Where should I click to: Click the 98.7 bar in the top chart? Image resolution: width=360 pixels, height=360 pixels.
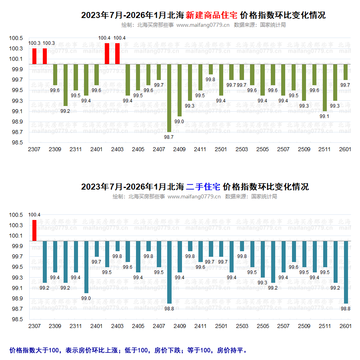tap(169, 98)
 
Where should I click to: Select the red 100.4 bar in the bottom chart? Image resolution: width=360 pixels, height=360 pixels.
tap(34, 230)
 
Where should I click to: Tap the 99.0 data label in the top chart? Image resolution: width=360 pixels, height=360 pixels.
tap(179, 122)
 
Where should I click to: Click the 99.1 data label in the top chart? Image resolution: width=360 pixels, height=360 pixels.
tap(324, 116)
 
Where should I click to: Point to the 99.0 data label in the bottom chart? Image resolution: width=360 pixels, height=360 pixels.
tap(86, 298)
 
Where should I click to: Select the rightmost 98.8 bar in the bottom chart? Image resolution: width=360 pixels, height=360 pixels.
tap(346, 272)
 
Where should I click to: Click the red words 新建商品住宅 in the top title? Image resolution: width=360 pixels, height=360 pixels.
tap(212, 15)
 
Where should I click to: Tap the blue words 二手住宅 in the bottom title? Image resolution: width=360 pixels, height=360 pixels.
tap(203, 187)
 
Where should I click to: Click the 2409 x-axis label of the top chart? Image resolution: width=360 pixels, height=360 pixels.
tap(180, 149)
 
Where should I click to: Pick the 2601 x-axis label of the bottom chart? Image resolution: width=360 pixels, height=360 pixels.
tap(345, 326)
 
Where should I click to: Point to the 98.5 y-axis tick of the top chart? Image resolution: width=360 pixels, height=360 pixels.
tap(16, 142)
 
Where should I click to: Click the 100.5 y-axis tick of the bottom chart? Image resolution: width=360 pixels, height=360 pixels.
tap(16, 215)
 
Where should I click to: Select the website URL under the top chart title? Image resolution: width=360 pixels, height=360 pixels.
tap(203, 25)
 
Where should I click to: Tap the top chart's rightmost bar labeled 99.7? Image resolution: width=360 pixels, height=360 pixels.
tap(346, 72)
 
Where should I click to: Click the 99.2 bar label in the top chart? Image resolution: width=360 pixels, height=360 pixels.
tap(65, 111)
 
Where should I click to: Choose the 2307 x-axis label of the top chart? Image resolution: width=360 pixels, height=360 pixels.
tap(34, 149)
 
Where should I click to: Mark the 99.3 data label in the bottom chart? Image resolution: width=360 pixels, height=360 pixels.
tap(262, 283)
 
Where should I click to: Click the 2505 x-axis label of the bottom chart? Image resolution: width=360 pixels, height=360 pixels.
tap(262, 326)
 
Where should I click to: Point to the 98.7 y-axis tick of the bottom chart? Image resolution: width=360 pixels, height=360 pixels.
tap(16, 309)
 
